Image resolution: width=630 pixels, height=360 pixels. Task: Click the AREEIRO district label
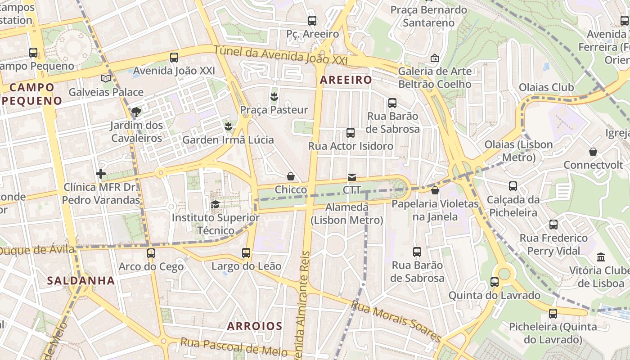[x=346, y=80]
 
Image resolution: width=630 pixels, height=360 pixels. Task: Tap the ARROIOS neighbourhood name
[x=255, y=326]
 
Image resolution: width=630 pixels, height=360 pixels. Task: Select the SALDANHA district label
[x=81, y=281]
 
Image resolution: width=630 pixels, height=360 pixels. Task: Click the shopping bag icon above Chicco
[x=291, y=176]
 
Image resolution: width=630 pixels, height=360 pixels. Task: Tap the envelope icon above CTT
[x=351, y=177]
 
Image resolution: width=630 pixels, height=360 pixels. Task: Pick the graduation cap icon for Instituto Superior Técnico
[x=216, y=205]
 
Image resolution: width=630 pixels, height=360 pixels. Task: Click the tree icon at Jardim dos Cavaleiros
[x=136, y=112]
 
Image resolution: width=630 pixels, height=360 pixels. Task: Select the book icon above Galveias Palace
[x=106, y=78]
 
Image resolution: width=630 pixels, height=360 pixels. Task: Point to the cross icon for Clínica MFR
[x=101, y=173]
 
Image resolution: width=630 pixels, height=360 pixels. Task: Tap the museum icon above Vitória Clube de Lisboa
[x=600, y=257]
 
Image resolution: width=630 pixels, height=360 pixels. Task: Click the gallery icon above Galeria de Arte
[x=434, y=58]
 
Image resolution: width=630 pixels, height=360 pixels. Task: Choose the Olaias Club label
[x=546, y=87]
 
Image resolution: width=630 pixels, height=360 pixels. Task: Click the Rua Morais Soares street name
[x=396, y=321]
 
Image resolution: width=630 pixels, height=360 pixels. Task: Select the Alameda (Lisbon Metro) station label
[x=346, y=214]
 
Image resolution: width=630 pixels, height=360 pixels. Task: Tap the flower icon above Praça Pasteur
[x=274, y=96]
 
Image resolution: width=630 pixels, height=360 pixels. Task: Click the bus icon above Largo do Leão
[x=246, y=253]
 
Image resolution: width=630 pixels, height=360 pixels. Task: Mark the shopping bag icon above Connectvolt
[x=593, y=152]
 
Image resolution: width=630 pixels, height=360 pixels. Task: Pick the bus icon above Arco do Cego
[x=151, y=253]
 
